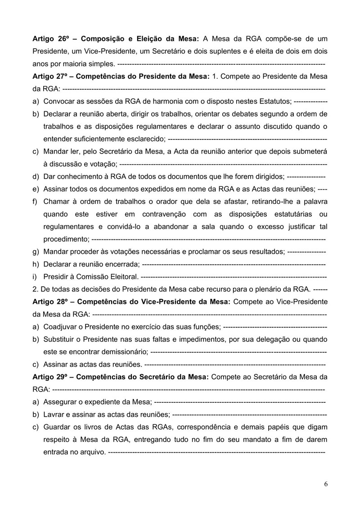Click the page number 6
tap(325, 484)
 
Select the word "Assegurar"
tap(63, 401)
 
